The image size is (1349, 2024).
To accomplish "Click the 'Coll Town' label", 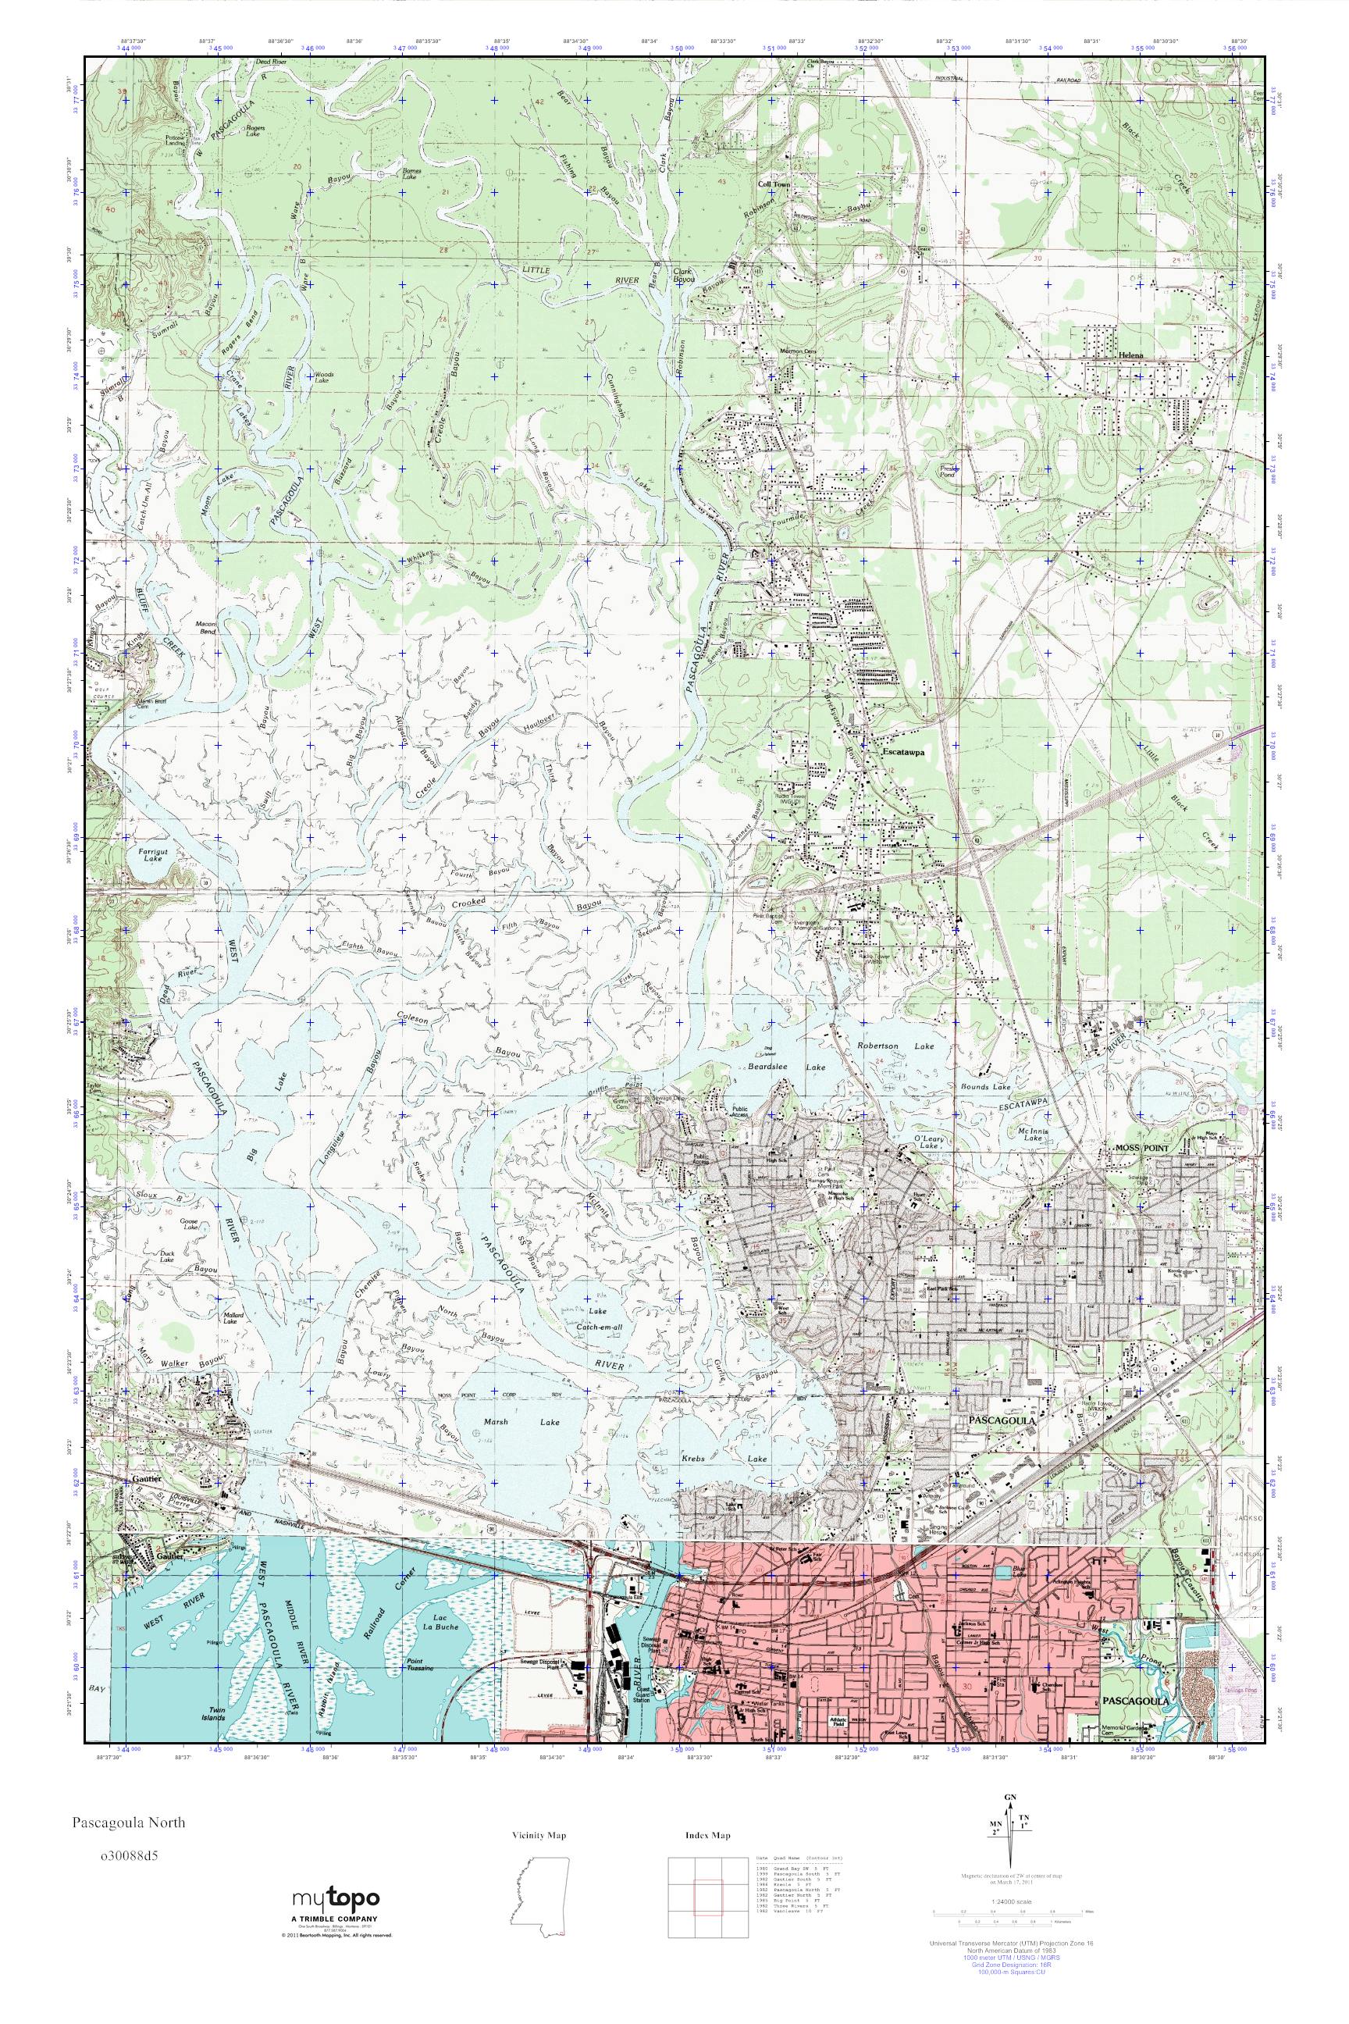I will coord(773,184).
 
